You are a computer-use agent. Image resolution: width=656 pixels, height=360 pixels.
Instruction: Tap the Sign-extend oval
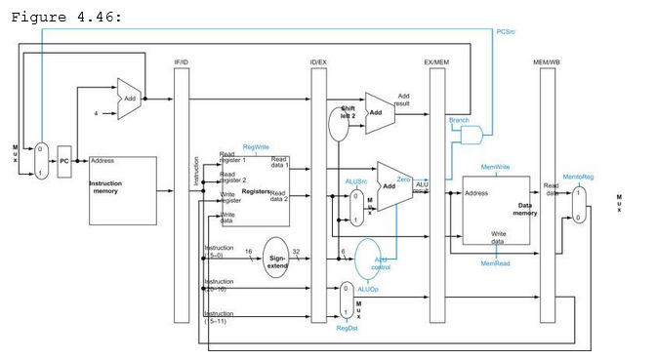(276, 258)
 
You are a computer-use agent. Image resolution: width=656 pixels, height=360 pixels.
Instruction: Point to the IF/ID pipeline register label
(181, 61)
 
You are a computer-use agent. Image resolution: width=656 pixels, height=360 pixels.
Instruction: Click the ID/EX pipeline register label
(318, 61)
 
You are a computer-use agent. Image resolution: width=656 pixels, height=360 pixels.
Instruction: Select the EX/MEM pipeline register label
(435, 61)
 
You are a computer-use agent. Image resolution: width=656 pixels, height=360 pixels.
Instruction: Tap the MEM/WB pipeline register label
(547, 61)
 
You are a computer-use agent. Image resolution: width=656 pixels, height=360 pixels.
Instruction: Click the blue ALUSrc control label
(355, 180)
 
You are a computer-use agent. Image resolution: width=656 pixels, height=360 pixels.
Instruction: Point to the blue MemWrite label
(495, 167)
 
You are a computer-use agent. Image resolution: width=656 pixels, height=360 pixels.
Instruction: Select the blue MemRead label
(495, 262)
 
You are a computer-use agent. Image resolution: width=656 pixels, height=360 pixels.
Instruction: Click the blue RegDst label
(348, 329)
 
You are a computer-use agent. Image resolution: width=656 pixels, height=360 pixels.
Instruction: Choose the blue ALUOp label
(368, 289)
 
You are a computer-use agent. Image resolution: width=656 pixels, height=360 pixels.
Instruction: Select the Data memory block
(497, 210)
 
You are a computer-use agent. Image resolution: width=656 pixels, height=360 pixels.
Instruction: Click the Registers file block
(255, 190)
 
